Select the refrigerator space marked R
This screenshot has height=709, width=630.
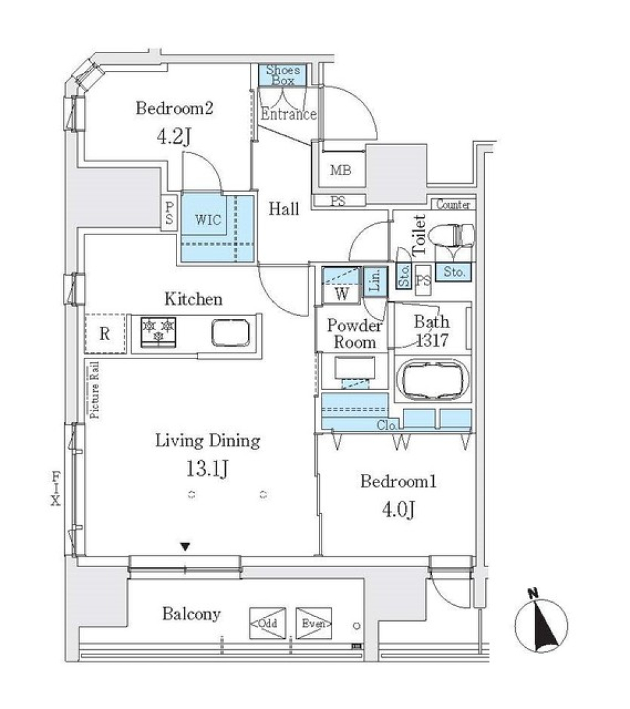pos(104,333)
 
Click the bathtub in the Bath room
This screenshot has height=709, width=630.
pos(435,379)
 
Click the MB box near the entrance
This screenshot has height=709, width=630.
pos(340,171)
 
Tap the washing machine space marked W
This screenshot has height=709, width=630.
pos(341,293)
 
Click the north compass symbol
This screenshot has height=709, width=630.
pos(541,620)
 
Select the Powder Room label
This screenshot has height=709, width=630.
pos(355,333)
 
